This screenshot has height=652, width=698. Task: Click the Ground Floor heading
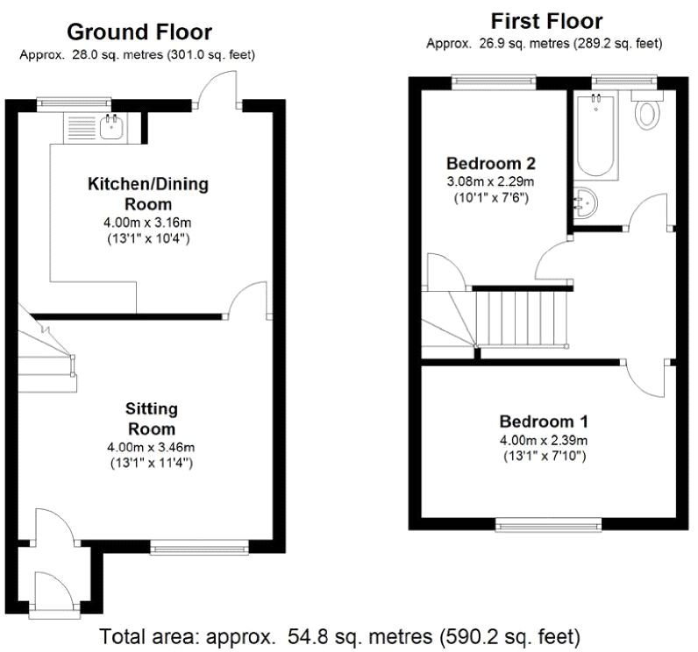click(x=139, y=32)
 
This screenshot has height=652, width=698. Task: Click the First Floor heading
click(x=546, y=21)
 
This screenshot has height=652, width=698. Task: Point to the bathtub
click(x=596, y=136)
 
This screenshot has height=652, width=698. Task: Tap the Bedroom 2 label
click(x=491, y=164)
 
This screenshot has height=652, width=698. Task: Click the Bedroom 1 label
click(x=544, y=422)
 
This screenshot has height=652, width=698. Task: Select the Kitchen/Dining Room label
click(x=148, y=194)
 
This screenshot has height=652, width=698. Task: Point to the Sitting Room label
click(x=152, y=419)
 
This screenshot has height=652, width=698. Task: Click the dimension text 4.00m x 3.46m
click(x=151, y=447)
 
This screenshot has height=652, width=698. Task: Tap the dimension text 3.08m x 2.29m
click(x=490, y=181)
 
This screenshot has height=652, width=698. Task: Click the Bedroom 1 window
click(x=549, y=524)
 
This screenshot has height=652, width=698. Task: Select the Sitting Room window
click(x=199, y=547)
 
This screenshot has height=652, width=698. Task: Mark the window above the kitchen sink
click(x=74, y=103)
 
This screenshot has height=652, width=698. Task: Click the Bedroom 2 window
click(x=494, y=81)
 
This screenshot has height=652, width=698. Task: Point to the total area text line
click(x=339, y=636)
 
